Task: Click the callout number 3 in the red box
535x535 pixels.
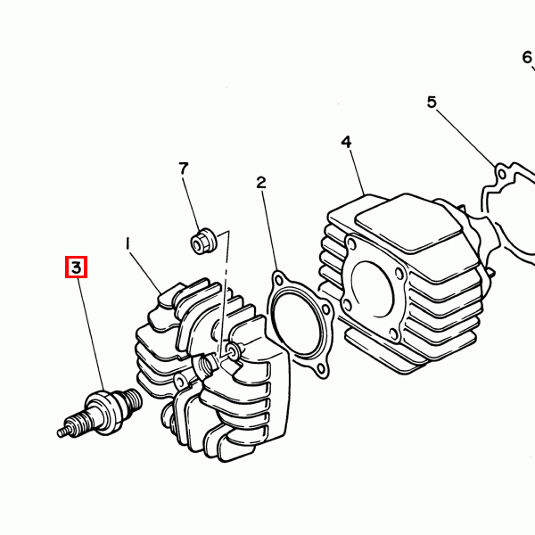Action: pyautogui.click(x=76, y=267)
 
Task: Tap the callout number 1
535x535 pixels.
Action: pyautogui.click(x=128, y=243)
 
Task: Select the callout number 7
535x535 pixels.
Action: pyautogui.click(x=184, y=169)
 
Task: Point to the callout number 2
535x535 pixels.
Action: pyautogui.click(x=261, y=183)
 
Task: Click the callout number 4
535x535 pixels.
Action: pyautogui.click(x=346, y=142)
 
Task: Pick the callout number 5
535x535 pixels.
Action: pyautogui.click(x=432, y=102)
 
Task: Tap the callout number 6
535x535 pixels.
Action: pyautogui.click(x=527, y=57)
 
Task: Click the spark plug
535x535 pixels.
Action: pyautogui.click(x=100, y=413)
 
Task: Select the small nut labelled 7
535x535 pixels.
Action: pyautogui.click(x=203, y=241)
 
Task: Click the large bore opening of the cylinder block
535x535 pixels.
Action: pyautogui.click(x=373, y=289)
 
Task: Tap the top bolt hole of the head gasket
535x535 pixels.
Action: pyautogui.click(x=279, y=281)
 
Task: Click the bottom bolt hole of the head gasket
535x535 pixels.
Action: pyautogui.click(x=321, y=368)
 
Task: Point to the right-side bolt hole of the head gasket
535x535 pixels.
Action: pyautogui.click(x=326, y=309)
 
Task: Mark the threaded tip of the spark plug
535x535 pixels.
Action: pyautogui.click(x=132, y=399)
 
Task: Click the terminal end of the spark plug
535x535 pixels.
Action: pyautogui.click(x=63, y=432)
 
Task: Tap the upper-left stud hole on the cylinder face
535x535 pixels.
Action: pyautogui.click(x=350, y=244)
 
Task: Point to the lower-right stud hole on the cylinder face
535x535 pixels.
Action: pyautogui.click(x=393, y=333)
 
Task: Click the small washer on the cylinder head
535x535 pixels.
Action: pyautogui.click(x=234, y=350)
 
